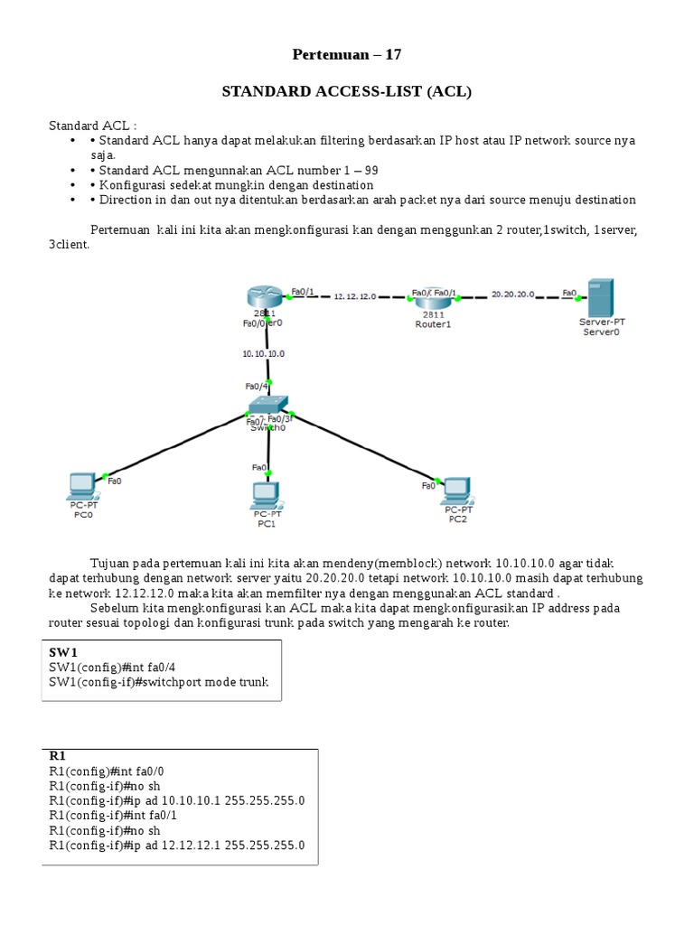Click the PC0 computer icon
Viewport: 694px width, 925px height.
coord(82,486)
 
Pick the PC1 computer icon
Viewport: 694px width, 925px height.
coord(266,495)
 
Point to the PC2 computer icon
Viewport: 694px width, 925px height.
coord(456,491)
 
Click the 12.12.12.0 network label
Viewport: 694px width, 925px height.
coord(355,296)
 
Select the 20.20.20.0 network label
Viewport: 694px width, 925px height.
coord(512,294)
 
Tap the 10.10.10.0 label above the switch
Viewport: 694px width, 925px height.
coord(263,354)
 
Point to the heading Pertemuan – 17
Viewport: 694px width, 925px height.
coord(347,55)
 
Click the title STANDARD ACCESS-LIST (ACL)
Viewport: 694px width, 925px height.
coord(347,91)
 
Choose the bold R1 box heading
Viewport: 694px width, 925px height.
coord(57,756)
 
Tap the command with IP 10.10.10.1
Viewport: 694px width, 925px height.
coord(177,800)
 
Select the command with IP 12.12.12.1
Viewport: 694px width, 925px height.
coord(177,846)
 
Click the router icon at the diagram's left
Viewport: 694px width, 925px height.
coord(264,298)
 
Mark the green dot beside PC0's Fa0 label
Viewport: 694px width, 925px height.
coord(106,475)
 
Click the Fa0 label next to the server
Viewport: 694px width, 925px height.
coord(569,293)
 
